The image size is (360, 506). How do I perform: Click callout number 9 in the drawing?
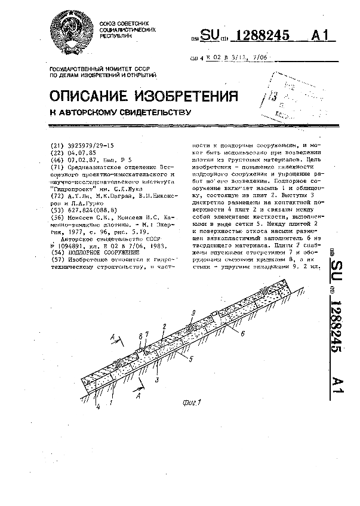(x=193, y=312)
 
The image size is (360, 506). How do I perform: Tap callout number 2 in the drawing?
(x=164, y=326)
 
